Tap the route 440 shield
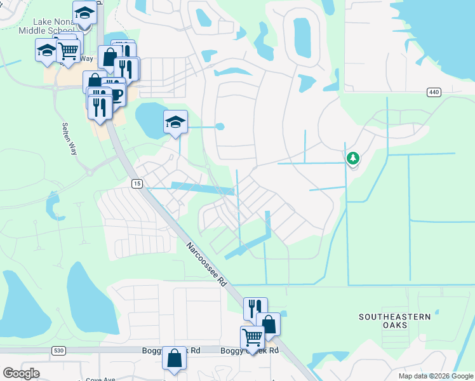coord(434,93)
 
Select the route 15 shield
coord(137,184)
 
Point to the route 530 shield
coord(59,351)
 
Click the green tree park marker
coord(352,157)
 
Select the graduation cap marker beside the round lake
coord(175,122)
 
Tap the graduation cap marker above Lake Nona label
coord(84,12)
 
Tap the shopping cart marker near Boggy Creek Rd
coord(252,338)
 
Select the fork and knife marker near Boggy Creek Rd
coord(255,309)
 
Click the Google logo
coord(21,373)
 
